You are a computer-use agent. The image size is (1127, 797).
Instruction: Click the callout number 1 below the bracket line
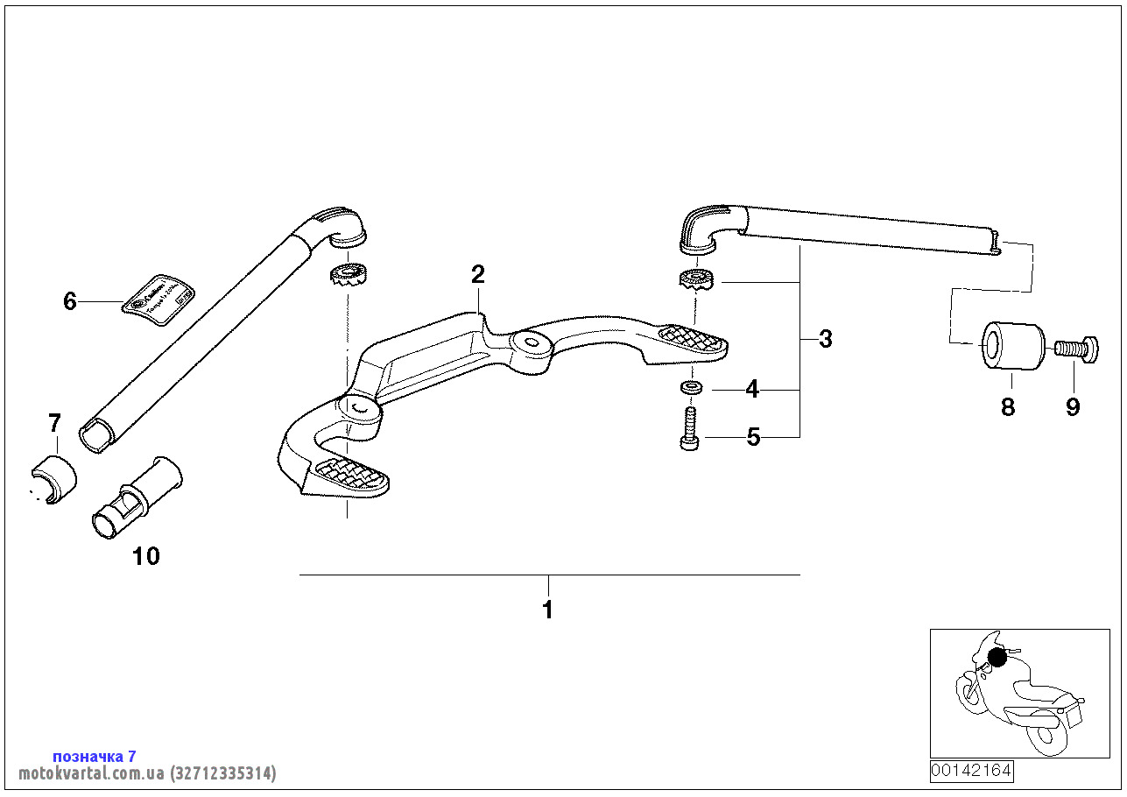pyautogui.click(x=548, y=610)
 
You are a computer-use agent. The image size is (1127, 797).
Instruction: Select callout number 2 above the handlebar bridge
pyautogui.click(x=477, y=275)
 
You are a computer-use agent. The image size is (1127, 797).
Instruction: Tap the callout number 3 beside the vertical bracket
pyautogui.click(x=826, y=339)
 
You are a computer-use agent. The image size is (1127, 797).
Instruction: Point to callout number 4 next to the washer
pyautogui.click(x=752, y=389)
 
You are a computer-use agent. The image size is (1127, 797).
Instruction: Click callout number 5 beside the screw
pyautogui.click(x=753, y=436)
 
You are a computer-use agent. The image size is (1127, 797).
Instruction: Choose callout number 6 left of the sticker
pyautogui.click(x=70, y=302)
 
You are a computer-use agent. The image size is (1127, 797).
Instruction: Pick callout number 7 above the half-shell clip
pyautogui.click(x=54, y=424)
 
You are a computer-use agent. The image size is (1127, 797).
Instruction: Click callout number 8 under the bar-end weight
pyautogui.click(x=1008, y=406)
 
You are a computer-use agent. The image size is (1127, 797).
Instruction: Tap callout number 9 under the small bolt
pyautogui.click(x=1073, y=406)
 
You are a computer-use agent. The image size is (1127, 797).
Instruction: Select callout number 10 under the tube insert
pyautogui.click(x=146, y=556)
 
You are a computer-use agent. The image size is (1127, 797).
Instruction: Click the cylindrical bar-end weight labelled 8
pyautogui.click(x=1011, y=347)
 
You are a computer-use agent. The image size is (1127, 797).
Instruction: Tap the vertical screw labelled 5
pyautogui.click(x=689, y=429)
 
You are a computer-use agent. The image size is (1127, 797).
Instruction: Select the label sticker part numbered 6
pyautogui.click(x=158, y=298)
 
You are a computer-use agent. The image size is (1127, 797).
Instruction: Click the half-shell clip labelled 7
pyautogui.click(x=53, y=480)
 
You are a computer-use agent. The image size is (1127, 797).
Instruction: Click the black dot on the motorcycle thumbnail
pyautogui.click(x=997, y=656)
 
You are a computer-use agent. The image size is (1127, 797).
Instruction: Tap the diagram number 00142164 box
pyautogui.click(x=971, y=771)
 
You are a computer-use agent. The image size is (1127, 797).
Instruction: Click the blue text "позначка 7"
pyautogui.click(x=95, y=756)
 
